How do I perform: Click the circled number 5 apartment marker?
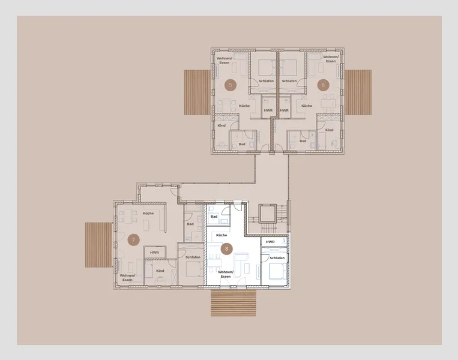click(230, 85)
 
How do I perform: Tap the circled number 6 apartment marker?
click(323, 85)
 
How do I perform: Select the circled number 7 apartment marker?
click(133, 240)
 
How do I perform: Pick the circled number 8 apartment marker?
click(226, 249)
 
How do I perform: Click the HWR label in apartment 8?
click(270, 242)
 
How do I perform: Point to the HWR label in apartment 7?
click(154, 253)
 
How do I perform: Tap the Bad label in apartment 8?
click(214, 217)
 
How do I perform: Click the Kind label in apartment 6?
click(329, 130)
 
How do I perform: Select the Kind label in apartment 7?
click(160, 271)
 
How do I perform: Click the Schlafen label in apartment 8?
click(277, 258)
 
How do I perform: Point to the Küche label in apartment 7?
click(148, 213)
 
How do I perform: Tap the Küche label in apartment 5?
click(244, 106)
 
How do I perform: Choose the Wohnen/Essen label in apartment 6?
click(331, 59)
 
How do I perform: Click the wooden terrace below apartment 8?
click(234, 303)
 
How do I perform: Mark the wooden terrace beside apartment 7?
click(98, 245)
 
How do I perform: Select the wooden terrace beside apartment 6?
click(358, 92)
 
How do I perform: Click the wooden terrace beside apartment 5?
click(197, 92)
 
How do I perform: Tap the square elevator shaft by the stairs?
click(268, 214)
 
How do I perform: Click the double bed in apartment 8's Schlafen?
click(276, 271)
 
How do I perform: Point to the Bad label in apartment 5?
click(242, 144)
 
